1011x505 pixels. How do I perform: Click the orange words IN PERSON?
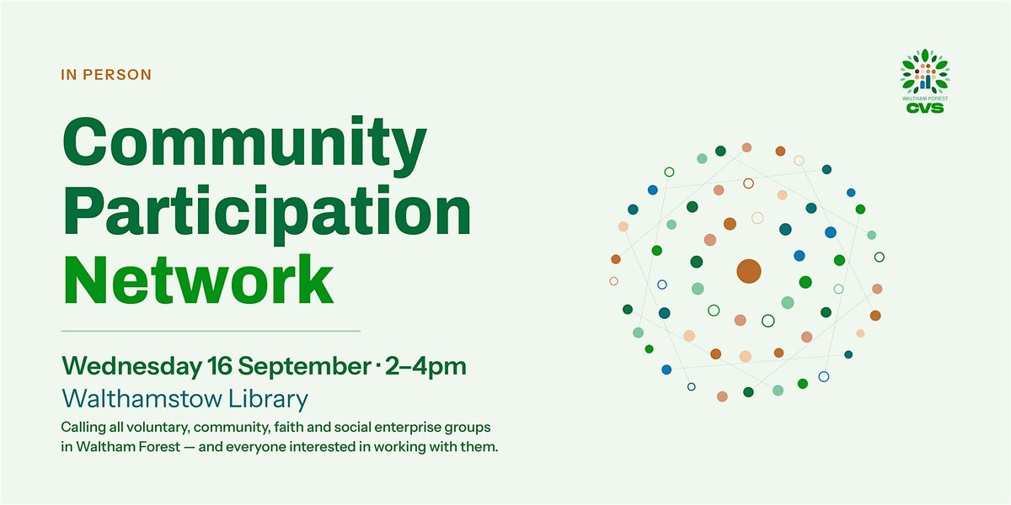pyautogui.click(x=106, y=74)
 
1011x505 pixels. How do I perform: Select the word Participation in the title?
pyautogui.click(x=267, y=213)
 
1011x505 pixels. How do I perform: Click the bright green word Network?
pyautogui.click(x=198, y=279)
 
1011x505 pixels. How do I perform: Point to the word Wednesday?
pyautogui.click(x=131, y=366)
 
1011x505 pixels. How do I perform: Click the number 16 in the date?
pyautogui.click(x=220, y=365)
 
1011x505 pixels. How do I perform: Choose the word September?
pyautogui.click(x=304, y=366)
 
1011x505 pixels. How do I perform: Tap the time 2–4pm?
pyautogui.click(x=425, y=366)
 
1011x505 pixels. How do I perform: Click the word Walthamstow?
pyautogui.click(x=142, y=399)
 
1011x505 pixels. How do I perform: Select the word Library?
pyautogui.click(x=269, y=399)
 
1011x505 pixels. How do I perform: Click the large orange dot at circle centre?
pyautogui.click(x=749, y=271)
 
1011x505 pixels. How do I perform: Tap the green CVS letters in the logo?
pyautogui.click(x=925, y=109)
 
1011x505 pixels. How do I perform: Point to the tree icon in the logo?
pyautogui.click(x=925, y=72)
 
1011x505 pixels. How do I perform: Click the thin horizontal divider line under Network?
pyautogui.click(x=211, y=331)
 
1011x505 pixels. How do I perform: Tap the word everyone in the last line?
pyautogui.click(x=255, y=447)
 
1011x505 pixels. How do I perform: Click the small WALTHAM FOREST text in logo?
pyautogui.click(x=925, y=98)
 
